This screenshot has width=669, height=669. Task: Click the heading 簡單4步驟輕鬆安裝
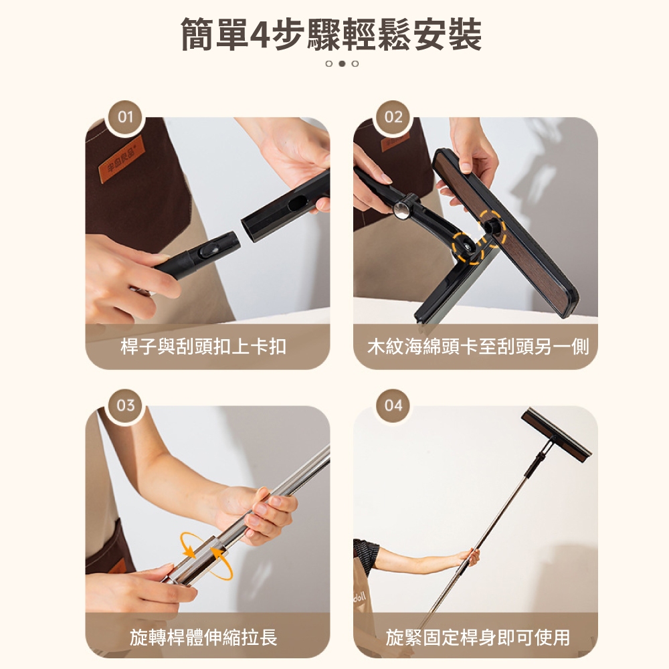(x=332, y=35)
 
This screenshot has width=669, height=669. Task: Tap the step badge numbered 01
(x=125, y=118)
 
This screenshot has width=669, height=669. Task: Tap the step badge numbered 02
(x=393, y=118)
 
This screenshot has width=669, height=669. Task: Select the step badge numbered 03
(x=125, y=405)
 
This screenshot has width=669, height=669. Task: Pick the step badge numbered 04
(x=393, y=405)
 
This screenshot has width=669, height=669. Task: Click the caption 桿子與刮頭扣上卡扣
(x=203, y=347)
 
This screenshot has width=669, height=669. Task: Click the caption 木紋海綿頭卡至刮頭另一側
(x=478, y=347)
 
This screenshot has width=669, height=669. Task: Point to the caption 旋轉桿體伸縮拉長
(x=203, y=637)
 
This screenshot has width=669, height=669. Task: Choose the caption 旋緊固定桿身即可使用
(x=478, y=637)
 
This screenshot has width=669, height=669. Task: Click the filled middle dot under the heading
(x=342, y=64)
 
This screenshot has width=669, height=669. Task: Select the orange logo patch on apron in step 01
(x=121, y=159)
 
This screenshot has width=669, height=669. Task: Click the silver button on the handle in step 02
(x=401, y=211)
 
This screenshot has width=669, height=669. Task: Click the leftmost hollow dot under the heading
(x=328, y=64)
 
